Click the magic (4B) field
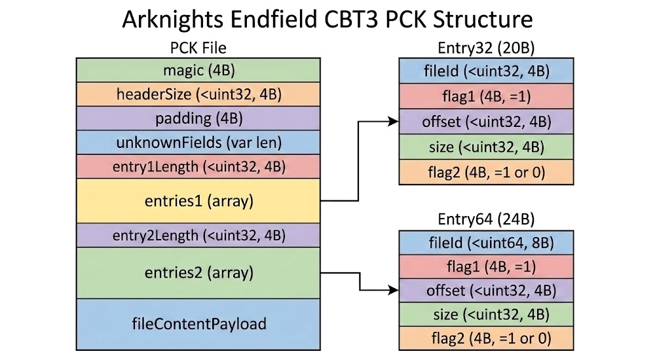coord(198,70)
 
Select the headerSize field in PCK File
coord(198,94)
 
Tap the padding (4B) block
coord(198,118)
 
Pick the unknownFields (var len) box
coord(198,143)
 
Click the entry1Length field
coord(198,166)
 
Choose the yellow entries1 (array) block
coord(198,201)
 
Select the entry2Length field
coord(198,235)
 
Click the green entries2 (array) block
coord(198,272)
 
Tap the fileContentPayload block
coord(198,324)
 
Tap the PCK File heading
coord(198,48)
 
